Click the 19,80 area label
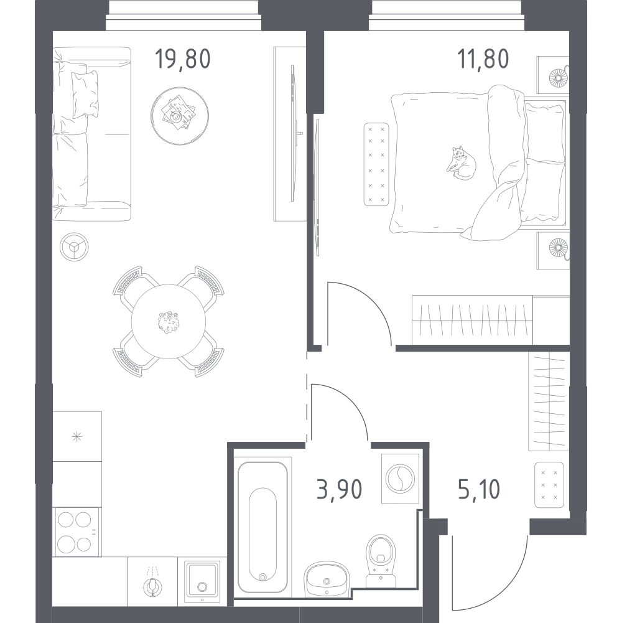pos(182,59)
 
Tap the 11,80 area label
pos(483,59)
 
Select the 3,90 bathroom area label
pos(339,489)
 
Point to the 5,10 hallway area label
pos(479,489)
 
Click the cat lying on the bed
pos(461,163)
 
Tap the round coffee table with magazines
pos(180,116)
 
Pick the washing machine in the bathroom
pos(400,479)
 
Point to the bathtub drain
pos(262,577)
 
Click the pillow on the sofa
pos(85,95)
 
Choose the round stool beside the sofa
pos(74,246)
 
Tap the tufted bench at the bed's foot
pos(376,164)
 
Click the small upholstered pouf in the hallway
pos(549,485)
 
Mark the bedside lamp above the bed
pos(559,77)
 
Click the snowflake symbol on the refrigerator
pos(77,437)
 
